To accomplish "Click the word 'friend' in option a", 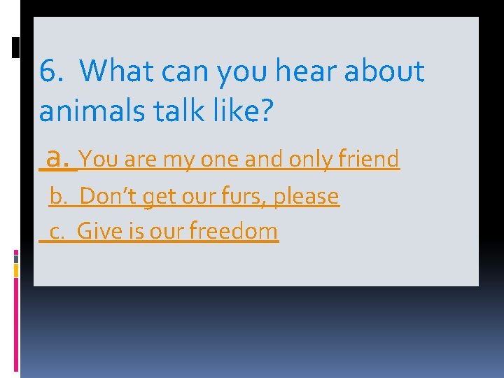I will pos(368,160).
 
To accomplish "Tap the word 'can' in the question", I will pos(188,71).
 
